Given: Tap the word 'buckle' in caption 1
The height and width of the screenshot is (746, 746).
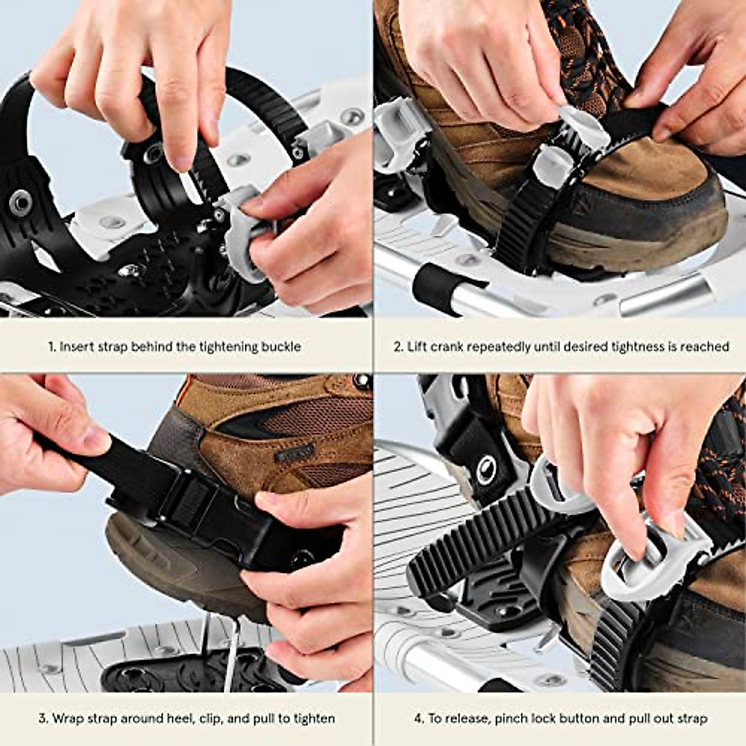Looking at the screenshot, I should click(280, 347).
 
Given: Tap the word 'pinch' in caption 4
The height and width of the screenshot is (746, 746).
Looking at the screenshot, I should click(515, 719).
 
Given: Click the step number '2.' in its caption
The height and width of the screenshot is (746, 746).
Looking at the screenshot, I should click(398, 347).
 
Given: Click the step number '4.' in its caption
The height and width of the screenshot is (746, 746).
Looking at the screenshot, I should click(419, 719).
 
